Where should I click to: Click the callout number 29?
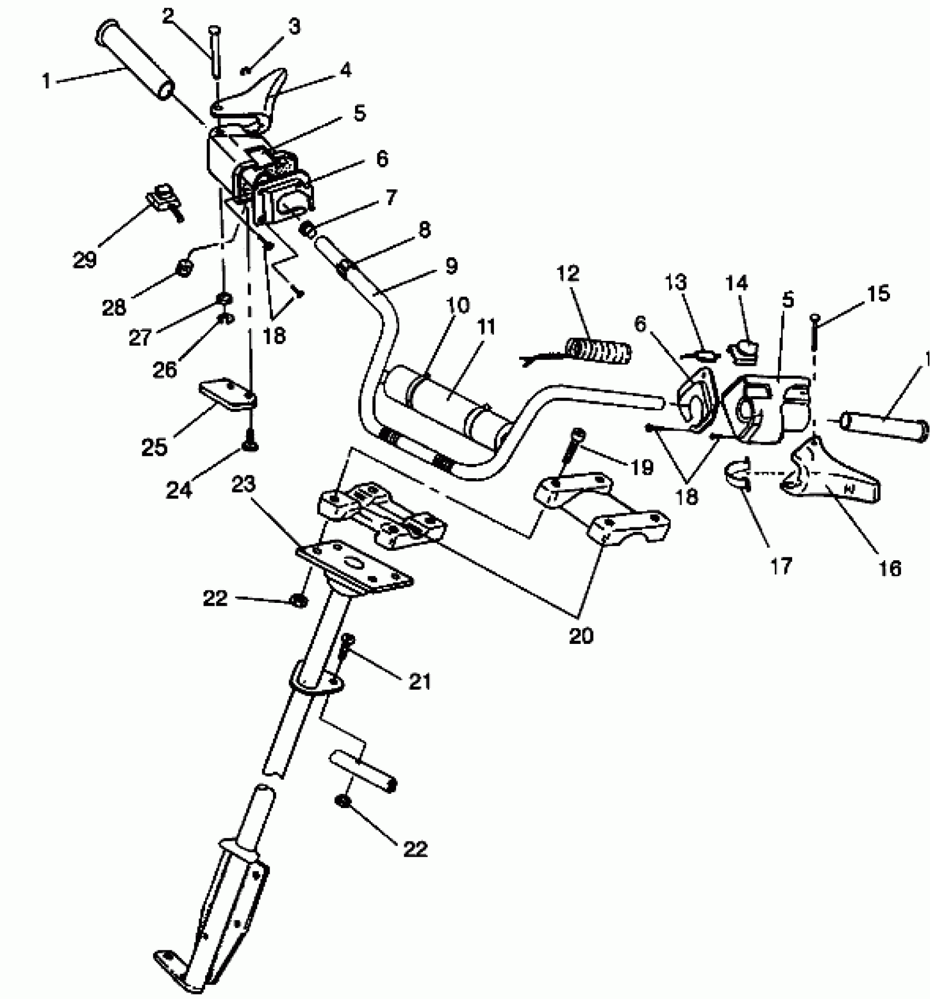pyautogui.click(x=84, y=260)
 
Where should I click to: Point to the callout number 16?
pyautogui.click(x=890, y=568)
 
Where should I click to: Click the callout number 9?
pyautogui.click(x=450, y=266)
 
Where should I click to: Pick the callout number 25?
pyautogui.click(x=154, y=447)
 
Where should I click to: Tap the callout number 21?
pyautogui.click(x=420, y=681)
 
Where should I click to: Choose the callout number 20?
pyautogui.click(x=581, y=636)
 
